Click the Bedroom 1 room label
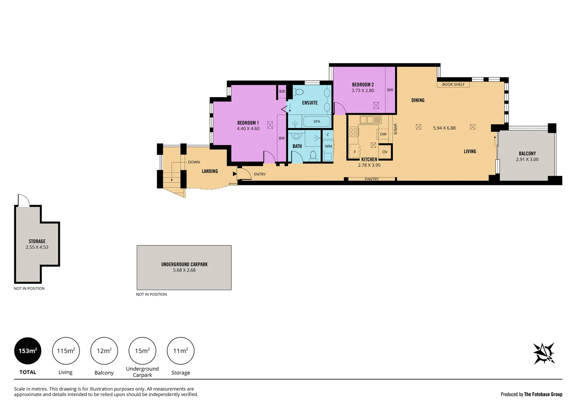click(x=248, y=123)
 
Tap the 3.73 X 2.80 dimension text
click(x=363, y=90)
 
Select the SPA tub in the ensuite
click(x=317, y=121)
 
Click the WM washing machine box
click(x=328, y=146)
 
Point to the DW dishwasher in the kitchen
click(x=383, y=134)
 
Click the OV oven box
click(x=385, y=152)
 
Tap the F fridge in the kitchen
click(x=354, y=152)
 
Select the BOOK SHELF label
click(x=453, y=84)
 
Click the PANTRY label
click(x=371, y=179)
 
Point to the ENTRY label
click(x=260, y=174)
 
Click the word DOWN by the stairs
click(x=194, y=162)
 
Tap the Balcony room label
click(x=527, y=153)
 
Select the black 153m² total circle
click(x=28, y=351)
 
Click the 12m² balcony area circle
click(x=104, y=351)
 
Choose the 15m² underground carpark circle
click(x=142, y=351)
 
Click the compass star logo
click(x=544, y=353)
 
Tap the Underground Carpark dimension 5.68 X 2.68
click(x=184, y=270)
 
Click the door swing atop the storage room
click(x=23, y=200)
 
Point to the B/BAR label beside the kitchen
click(x=395, y=129)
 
